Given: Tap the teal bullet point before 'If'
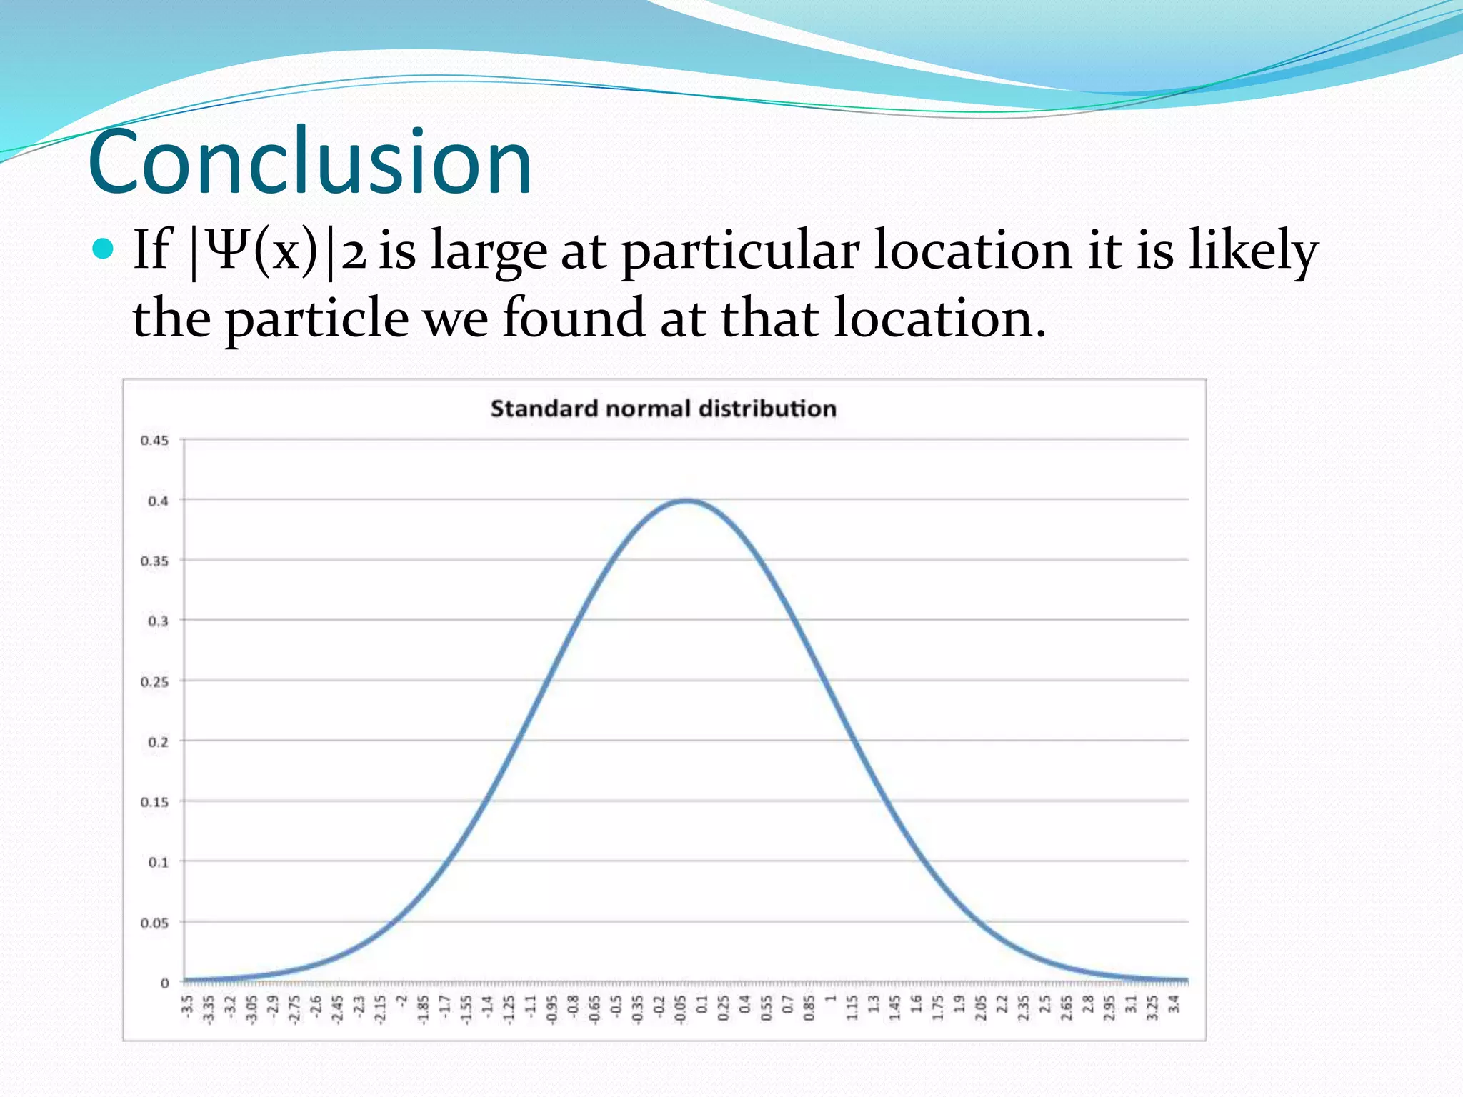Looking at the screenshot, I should point(104,249).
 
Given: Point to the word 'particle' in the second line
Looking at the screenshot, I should point(317,319).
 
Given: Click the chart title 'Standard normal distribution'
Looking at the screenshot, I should point(663,409).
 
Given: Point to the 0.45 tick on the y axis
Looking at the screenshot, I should point(154,441).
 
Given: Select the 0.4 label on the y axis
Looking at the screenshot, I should point(158,501).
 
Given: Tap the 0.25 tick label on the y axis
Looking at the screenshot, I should point(154,682).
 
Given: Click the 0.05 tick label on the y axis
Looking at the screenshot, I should point(154,923).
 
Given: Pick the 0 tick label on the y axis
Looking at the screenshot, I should point(165,983).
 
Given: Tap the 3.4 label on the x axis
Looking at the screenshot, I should point(1173,1004).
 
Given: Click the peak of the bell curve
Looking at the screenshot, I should point(686,501).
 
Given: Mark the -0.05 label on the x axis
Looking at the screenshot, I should point(680,1008).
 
